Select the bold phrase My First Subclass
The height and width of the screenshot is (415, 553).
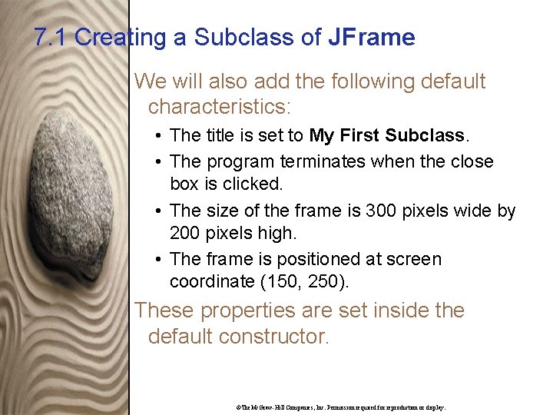coord(386,136)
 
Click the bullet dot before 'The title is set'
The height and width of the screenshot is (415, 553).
coord(156,137)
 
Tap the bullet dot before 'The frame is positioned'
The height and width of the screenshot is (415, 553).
coord(156,260)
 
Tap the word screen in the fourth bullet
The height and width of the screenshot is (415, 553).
coord(415,260)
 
